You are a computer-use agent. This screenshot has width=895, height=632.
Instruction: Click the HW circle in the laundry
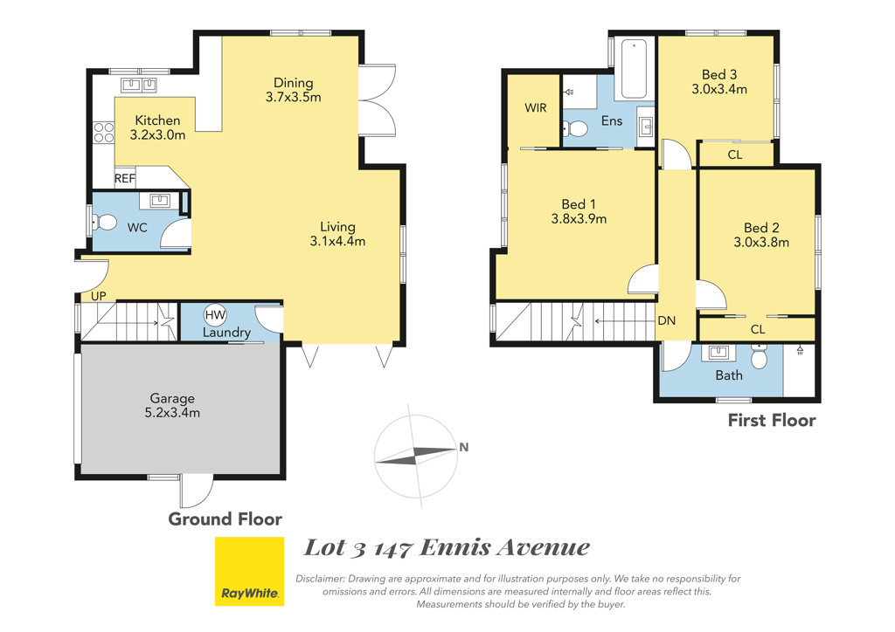[x=215, y=314]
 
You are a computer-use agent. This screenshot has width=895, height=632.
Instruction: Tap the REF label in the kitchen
[x=125, y=178]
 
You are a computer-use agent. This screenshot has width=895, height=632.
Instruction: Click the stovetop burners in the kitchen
[x=104, y=133]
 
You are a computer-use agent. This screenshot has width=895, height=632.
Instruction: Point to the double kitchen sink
[x=139, y=85]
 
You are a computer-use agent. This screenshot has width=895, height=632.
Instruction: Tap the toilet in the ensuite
[x=575, y=129]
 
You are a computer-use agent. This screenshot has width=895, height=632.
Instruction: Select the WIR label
[x=536, y=107]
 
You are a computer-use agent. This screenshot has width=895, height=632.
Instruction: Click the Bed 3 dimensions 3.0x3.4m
[x=719, y=89]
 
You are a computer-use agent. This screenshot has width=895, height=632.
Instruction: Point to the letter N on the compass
[x=464, y=447]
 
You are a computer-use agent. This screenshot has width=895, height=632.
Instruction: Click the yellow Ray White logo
[x=249, y=571]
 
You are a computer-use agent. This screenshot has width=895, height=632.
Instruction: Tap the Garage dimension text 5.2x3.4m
[x=172, y=413]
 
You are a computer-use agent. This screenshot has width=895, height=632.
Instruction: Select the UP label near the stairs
[x=98, y=296]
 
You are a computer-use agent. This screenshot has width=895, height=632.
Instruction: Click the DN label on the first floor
[x=667, y=321]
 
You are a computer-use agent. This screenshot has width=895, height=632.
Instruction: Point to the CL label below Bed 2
[x=758, y=329]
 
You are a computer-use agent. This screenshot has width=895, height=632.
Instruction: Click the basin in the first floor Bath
[x=718, y=352]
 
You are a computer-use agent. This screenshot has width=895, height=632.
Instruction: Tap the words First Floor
[x=772, y=421]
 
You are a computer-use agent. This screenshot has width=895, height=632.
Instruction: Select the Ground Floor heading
[x=225, y=519]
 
